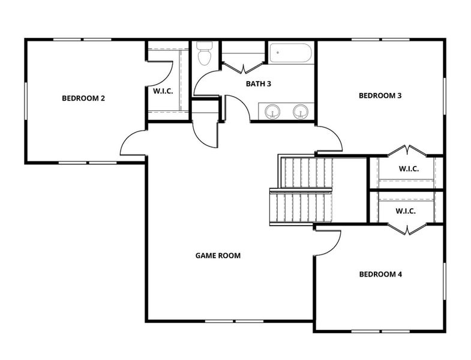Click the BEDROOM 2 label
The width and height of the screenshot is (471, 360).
pos(83,98)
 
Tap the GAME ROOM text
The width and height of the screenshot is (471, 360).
pos(218,256)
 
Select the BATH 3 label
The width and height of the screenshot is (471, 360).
pos(259,84)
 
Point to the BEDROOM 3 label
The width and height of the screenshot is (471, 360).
pos(380,95)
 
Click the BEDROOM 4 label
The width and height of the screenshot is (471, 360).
pos(380,274)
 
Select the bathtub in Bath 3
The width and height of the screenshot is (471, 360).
pos(290,53)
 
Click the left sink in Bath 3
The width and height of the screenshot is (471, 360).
pos(273,112)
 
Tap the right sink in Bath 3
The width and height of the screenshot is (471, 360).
pos(300,112)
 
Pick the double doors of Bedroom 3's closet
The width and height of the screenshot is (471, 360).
pos(407,151)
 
